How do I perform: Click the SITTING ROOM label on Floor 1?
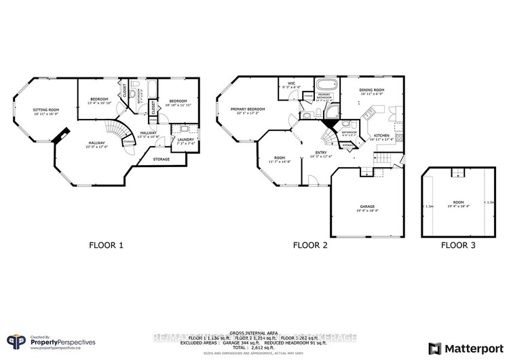pos(46,111)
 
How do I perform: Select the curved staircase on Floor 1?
pos(119,132)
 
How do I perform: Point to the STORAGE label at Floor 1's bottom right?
pos(161,159)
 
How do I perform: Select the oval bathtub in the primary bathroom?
pos(324,85)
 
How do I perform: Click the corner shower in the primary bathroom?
pos(333,111)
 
